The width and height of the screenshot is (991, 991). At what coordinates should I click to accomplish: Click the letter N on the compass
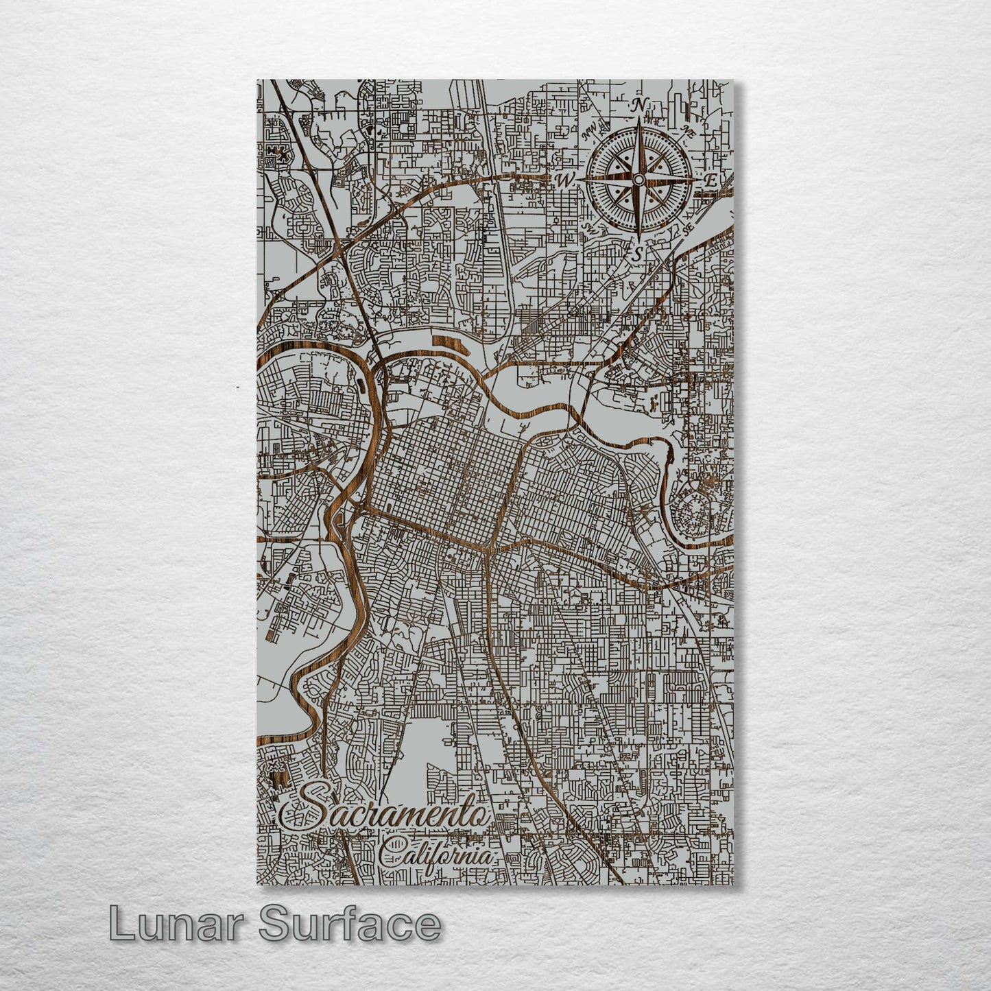(x=639, y=105)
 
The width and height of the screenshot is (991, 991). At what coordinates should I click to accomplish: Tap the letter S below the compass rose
(x=638, y=253)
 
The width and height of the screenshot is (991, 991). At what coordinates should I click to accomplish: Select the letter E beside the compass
(x=711, y=181)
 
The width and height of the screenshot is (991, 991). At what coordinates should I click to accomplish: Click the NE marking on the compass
(x=688, y=131)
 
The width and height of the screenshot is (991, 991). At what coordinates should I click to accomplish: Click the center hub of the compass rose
(x=638, y=180)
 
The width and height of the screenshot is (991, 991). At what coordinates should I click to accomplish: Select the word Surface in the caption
(x=349, y=924)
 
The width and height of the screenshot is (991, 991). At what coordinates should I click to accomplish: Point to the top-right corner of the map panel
(x=733, y=80)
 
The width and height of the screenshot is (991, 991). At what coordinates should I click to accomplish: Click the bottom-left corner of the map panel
(x=257, y=884)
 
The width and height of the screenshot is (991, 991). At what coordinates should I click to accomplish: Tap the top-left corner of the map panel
(x=257, y=80)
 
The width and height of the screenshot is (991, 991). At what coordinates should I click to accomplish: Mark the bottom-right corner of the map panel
(x=733, y=884)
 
